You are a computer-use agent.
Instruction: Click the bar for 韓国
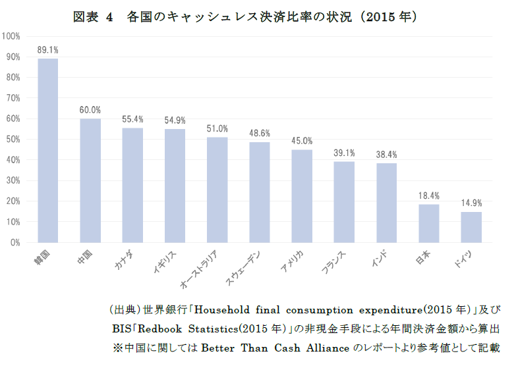pyautogui.click(x=47, y=151)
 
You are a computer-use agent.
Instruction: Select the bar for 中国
pyautogui.click(x=90, y=180)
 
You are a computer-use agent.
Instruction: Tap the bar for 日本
pyautogui.click(x=428, y=223)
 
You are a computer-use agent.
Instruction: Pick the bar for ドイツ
pyautogui.click(x=471, y=227)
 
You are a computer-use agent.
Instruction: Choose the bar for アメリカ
pyautogui.click(x=302, y=196)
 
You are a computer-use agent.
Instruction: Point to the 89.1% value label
pyautogui.click(x=47, y=49)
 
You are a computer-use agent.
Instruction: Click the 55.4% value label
pyautogui.click(x=132, y=119)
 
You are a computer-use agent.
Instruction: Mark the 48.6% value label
pyautogui.click(x=260, y=133)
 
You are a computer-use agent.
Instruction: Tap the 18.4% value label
pyautogui.click(x=428, y=196)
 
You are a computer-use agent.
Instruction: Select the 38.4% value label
pyautogui.click(x=386, y=154)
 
